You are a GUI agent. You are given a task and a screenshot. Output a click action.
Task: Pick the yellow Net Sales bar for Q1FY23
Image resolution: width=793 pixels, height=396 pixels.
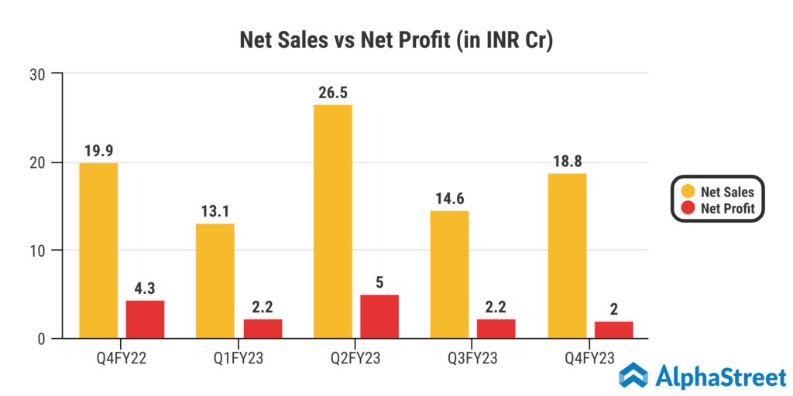(215, 281)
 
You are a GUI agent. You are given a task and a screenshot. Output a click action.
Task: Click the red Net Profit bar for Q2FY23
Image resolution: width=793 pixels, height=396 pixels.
(379, 316)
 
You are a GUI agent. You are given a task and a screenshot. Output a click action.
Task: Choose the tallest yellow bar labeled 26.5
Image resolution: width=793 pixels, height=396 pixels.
(333, 221)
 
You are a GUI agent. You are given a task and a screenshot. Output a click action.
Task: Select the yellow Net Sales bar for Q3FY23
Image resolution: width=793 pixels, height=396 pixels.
(450, 274)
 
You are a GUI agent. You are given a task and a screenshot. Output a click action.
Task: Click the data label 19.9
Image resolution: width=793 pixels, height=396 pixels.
(98, 152)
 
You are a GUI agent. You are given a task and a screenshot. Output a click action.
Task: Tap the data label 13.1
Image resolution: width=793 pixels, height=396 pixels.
(215, 212)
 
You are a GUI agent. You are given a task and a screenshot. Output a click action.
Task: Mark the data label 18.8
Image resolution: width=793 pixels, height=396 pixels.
(567, 162)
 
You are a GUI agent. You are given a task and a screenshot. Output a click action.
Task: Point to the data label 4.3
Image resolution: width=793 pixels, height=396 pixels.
(146, 288)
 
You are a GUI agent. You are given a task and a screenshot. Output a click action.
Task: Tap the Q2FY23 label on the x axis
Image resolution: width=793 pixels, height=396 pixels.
(356, 357)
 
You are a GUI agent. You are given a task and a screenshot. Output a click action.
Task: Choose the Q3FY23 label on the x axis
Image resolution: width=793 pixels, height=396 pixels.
(473, 357)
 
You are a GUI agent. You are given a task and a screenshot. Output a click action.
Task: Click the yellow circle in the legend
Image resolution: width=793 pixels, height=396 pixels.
(687, 191)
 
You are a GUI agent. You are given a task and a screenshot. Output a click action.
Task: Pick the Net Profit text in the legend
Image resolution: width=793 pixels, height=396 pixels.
(728, 208)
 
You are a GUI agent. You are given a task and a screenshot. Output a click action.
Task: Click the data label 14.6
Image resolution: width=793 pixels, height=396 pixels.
(450, 200)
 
